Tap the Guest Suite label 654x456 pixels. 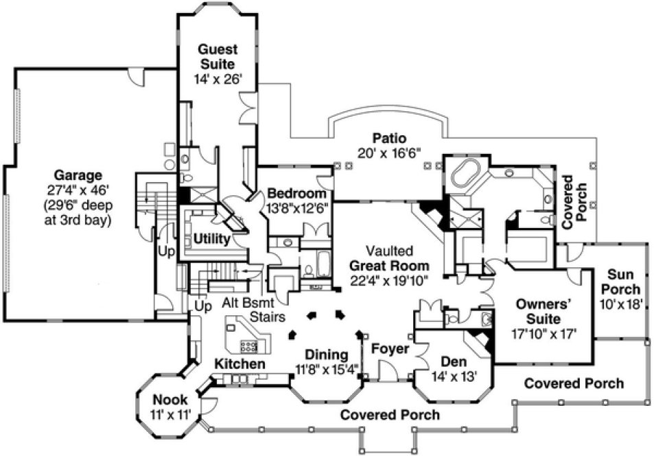click(218, 56)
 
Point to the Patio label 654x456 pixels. click(388, 137)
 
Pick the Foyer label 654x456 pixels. click(390, 349)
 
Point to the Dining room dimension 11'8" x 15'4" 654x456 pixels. click(328, 369)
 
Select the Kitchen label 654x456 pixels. click(240, 363)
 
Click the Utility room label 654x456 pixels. click(211, 238)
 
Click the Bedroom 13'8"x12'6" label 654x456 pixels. click(297, 198)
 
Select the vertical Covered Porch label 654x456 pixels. click(572, 196)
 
